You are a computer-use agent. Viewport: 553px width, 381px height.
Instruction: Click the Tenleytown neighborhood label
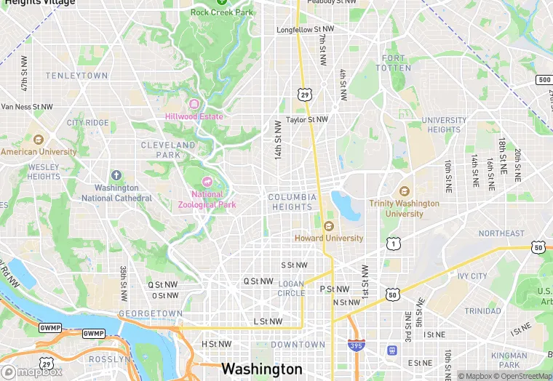76,76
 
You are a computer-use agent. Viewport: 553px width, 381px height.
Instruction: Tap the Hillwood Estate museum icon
194,104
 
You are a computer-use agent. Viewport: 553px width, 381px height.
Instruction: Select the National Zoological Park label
207,199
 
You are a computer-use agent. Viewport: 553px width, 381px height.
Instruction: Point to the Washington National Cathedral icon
116,175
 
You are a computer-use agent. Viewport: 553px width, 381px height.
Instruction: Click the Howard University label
328,238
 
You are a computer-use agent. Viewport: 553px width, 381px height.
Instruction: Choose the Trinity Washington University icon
404,190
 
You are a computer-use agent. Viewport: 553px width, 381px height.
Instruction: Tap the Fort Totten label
394,63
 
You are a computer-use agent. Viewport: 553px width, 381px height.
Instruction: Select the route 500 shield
544,79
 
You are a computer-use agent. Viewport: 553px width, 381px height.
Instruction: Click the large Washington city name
261,369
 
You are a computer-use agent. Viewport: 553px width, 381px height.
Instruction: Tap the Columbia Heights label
292,202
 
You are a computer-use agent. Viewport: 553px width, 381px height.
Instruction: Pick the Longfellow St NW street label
305,30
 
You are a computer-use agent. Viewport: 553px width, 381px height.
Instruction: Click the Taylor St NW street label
306,119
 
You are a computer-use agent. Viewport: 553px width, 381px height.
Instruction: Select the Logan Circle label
291,289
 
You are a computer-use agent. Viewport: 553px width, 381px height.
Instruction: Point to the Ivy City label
472,276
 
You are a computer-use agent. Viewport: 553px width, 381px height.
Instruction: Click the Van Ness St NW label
27,107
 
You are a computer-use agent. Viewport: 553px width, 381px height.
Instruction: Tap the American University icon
38,140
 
